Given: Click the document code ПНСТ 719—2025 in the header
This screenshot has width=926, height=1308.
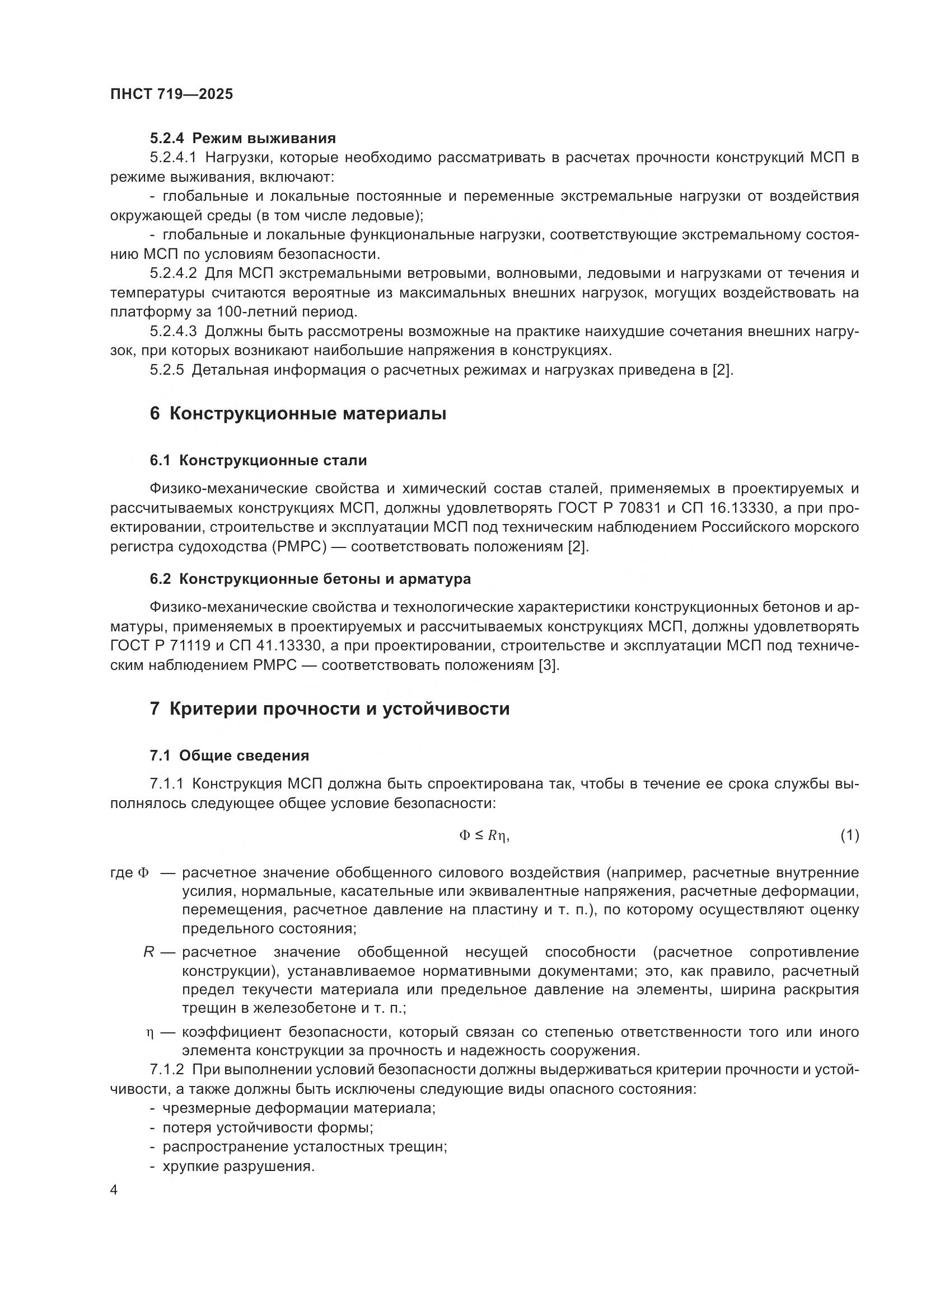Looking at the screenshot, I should pyautogui.click(x=172, y=95).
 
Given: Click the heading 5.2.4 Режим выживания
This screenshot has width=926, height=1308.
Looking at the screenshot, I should pyautogui.click(x=243, y=139).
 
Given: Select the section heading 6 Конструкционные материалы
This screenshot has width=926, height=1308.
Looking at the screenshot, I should pyautogui.click(x=298, y=414).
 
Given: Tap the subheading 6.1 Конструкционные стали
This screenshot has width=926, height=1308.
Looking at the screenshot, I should pyautogui.click(x=258, y=461).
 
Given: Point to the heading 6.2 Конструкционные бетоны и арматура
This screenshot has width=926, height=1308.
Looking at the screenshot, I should pyautogui.click(x=310, y=579).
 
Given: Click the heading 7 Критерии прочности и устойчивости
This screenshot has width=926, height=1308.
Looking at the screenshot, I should pyautogui.click(x=330, y=709).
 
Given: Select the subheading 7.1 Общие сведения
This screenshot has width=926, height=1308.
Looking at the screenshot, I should pyautogui.click(x=229, y=756).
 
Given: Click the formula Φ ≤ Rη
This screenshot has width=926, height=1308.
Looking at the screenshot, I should pyautogui.click(x=484, y=835).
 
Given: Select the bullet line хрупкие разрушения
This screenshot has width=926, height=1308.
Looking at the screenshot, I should pyautogui.click(x=238, y=1166).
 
